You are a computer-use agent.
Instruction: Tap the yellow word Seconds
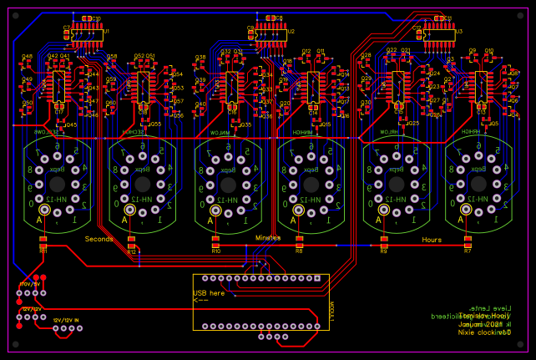[99, 239]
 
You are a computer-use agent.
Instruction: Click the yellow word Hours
[432, 240]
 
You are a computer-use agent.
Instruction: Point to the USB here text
[210, 293]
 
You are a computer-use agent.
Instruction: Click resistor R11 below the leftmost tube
[43, 244]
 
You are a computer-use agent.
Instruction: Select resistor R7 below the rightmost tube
[468, 244]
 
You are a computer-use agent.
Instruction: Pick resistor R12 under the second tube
[131, 245]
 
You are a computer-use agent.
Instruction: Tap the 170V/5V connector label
[29, 284]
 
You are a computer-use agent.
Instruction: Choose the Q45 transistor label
[70, 125]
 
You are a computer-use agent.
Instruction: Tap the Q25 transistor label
[414, 123]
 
